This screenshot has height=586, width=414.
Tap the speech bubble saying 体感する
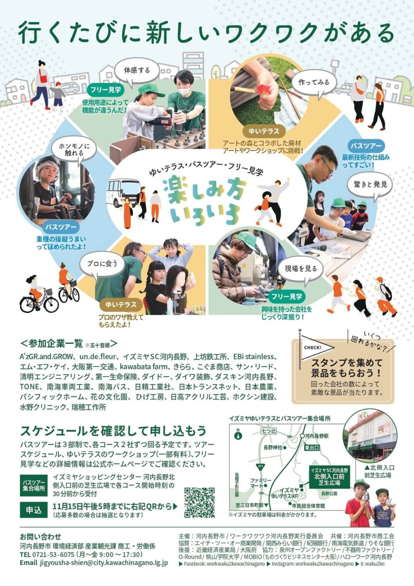137,71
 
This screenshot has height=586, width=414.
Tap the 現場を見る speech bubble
301,269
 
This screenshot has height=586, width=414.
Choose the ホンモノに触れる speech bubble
75,150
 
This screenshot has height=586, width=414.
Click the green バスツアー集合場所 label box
34,486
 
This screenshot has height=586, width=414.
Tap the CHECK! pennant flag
316,348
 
